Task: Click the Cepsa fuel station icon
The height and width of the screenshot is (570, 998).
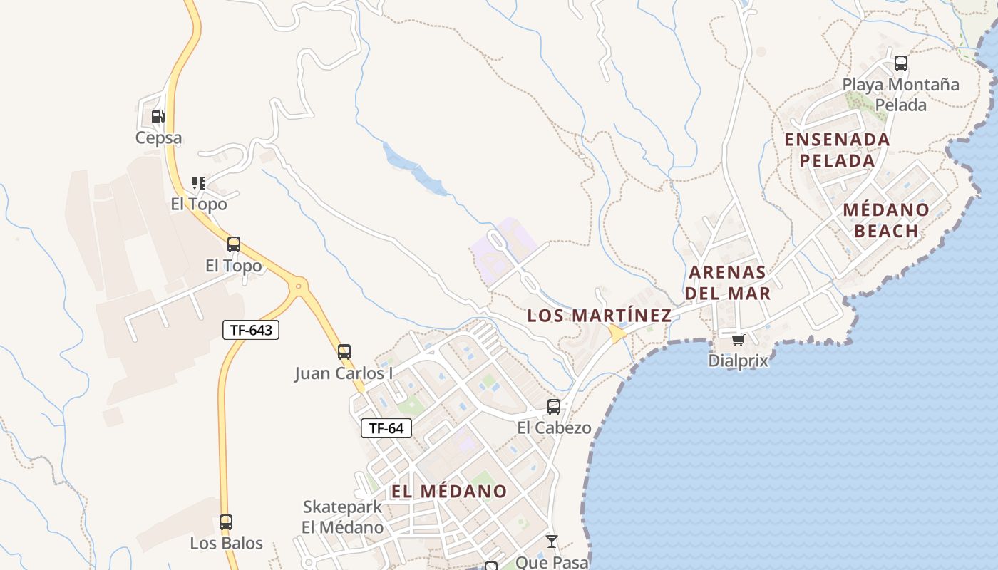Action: point(158,116)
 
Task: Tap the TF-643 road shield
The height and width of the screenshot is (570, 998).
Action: point(250,330)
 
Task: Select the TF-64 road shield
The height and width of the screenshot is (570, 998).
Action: point(386,427)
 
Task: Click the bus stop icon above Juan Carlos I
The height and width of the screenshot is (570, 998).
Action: point(344,351)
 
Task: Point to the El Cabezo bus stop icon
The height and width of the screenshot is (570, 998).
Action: point(553,407)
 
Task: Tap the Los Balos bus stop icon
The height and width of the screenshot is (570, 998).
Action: point(226,522)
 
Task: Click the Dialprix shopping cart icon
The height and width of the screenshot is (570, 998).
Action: point(738,340)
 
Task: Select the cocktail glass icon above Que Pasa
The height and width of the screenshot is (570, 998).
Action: point(552,541)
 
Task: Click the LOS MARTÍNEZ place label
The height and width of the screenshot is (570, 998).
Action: point(599,315)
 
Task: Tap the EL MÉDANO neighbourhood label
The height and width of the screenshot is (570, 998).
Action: point(449,491)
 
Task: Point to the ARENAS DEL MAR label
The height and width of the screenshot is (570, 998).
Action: point(727,282)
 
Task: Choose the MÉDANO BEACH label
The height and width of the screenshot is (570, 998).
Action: point(886,220)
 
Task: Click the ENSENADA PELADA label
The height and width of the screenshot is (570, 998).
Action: point(837,150)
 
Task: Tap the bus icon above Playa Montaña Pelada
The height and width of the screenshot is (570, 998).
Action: point(901,63)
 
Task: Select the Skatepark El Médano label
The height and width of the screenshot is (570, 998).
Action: point(342,517)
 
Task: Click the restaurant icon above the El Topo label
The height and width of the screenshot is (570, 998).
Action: point(199,183)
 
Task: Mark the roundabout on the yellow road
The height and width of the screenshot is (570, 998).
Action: point(298,286)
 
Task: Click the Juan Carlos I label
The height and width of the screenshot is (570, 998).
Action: point(344,373)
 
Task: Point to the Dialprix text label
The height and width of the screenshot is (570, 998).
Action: point(739,361)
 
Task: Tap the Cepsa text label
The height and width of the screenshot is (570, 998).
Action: point(158,138)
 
